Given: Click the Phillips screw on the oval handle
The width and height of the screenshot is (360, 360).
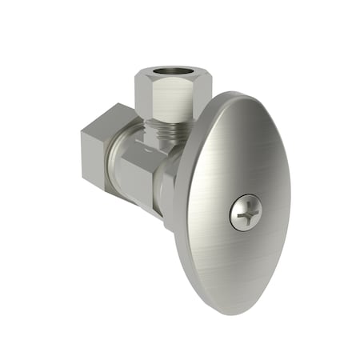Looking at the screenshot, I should (246, 213).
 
